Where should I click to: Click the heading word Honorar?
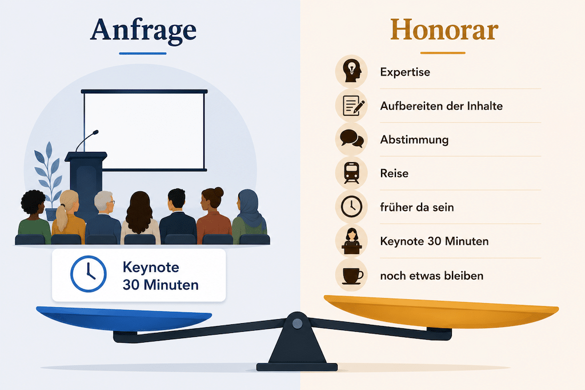[x=444, y=30]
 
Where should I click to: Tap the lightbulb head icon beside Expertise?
[x=351, y=71]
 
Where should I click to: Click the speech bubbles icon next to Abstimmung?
[x=352, y=139]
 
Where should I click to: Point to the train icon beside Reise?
[x=351, y=173]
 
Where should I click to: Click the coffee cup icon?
[x=352, y=276]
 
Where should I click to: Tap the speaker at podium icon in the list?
[x=351, y=241]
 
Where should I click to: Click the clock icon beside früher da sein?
[x=351, y=207]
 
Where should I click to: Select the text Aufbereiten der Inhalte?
[x=442, y=106]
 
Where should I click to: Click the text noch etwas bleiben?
[x=432, y=276]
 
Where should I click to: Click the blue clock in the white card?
[x=89, y=274]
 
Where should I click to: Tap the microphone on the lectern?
[x=87, y=140]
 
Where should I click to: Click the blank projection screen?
[x=144, y=131]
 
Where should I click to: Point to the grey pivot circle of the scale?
[x=297, y=323]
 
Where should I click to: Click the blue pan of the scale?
[x=124, y=318]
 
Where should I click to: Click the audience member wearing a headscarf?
[x=249, y=216]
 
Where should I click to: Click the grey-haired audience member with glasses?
[x=103, y=217]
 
